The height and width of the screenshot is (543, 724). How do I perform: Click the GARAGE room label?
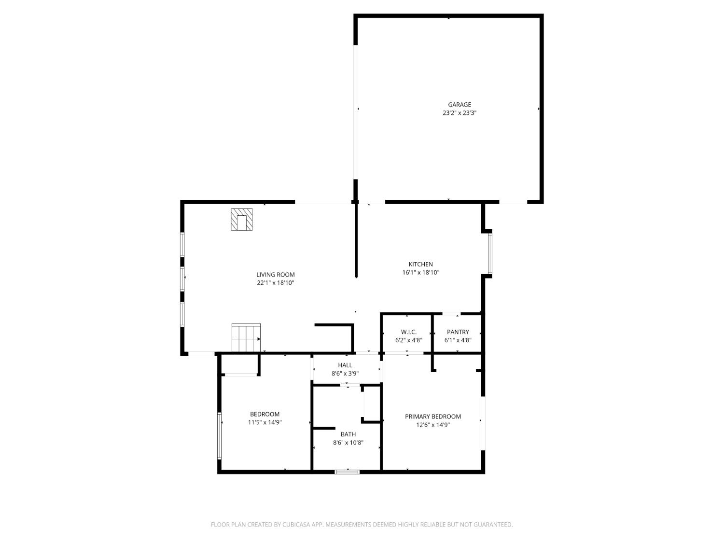[459, 104]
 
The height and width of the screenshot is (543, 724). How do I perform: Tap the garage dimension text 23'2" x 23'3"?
[459, 113]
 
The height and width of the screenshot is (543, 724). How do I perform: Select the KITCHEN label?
[420, 264]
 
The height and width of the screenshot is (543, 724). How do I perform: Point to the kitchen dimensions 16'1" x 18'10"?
[420, 272]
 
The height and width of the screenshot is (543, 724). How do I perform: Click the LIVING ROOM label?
[275, 275]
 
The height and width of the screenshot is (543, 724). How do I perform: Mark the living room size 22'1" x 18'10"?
[275, 283]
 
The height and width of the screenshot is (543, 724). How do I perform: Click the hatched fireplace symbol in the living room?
[242, 220]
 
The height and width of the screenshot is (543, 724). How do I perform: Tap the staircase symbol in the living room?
[246, 338]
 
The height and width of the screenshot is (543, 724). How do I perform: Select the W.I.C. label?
[408, 332]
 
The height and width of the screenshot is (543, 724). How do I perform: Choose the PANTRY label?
[458, 332]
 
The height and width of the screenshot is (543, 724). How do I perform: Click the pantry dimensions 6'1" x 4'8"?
[458, 340]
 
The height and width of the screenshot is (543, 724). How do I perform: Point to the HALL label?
[345, 365]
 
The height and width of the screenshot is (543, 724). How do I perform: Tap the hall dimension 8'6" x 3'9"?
[345, 374]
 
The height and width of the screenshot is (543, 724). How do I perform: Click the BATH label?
[348, 434]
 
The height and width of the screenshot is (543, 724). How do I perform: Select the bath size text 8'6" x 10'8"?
[348, 443]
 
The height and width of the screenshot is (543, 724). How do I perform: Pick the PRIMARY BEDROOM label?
[432, 417]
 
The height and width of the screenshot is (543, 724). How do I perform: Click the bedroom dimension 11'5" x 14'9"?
[265, 422]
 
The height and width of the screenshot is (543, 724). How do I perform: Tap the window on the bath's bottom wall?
[347, 472]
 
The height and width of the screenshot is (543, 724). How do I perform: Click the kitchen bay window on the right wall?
[489, 254]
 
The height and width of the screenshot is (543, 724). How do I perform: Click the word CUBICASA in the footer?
[295, 525]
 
